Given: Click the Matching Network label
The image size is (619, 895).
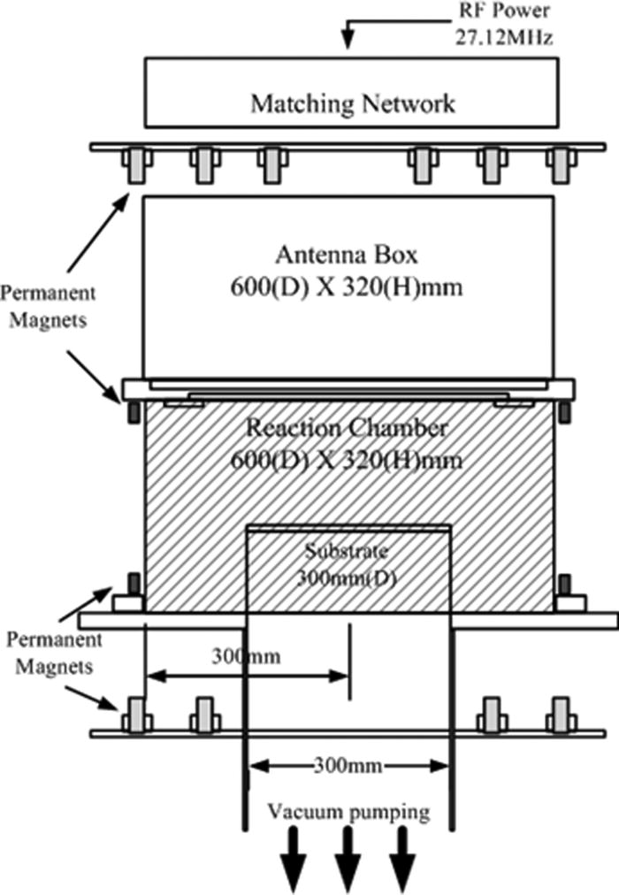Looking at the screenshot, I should [x=353, y=103].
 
